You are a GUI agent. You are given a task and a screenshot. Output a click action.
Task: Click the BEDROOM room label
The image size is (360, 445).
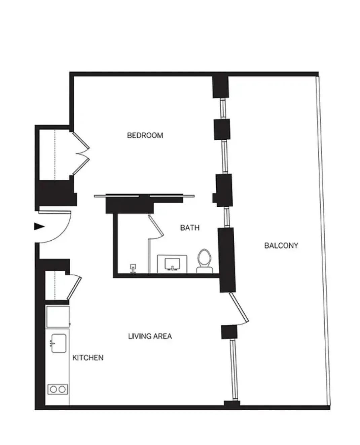[145, 135]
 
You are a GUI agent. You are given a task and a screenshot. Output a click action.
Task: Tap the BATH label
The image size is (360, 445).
[190, 228]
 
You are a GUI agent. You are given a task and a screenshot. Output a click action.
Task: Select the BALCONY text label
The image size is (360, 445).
[281, 246]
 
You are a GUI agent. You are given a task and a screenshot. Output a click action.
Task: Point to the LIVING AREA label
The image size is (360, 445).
[150, 336]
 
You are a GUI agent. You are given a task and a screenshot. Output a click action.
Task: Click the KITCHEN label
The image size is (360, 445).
[88, 358]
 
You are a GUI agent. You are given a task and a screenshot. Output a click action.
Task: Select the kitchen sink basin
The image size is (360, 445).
[59, 343]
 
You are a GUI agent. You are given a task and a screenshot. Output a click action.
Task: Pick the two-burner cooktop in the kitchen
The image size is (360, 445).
[58, 389]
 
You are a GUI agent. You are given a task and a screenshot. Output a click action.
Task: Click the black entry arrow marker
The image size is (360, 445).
[39, 227]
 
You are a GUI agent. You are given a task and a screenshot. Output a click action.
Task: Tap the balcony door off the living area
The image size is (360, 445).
[240, 308]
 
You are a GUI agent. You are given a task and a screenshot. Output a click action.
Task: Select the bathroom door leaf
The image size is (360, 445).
[156, 227]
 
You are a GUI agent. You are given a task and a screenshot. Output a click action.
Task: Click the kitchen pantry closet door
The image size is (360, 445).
[74, 287]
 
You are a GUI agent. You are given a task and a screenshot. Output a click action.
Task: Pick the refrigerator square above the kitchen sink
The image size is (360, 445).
[58, 316]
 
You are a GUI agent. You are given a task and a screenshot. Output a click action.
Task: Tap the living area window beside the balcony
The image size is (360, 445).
[232, 369]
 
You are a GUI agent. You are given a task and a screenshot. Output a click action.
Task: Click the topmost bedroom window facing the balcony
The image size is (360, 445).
[222, 108]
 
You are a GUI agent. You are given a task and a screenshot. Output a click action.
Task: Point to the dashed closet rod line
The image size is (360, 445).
[55, 155]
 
